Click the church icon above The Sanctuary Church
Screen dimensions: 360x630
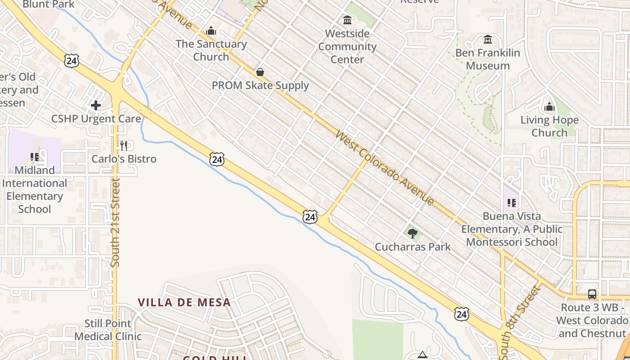pyautogui.click(x=211, y=31)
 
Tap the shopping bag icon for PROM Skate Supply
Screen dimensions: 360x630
pyautogui.click(x=260, y=72)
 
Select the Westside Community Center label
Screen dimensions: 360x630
pyautogui.click(x=347, y=46)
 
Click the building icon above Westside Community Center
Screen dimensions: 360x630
pyautogui.click(x=347, y=20)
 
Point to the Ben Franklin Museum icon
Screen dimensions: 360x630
pyautogui.click(x=488, y=40)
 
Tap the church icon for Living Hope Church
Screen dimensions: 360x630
pyautogui.click(x=549, y=107)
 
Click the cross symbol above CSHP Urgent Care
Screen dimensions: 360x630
pyautogui.click(x=96, y=105)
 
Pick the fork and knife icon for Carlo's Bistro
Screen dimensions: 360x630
pyautogui.click(x=124, y=145)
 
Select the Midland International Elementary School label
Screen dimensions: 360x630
pyautogui.click(x=34, y=189)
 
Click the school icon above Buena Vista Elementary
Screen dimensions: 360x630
pyautogui.click(x=512, y=202)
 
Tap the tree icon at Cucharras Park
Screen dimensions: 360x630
pyautogui.click(x=412, y=233)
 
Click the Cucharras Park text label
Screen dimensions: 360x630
pyautogui.click(x=413, y=247)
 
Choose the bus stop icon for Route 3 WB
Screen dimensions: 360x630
pyautogui.click(x=592, y=294)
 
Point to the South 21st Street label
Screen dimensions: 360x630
pyautogui.click(x=116, y=222)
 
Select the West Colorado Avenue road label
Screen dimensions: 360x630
pyautogui.click(x=385, y=168)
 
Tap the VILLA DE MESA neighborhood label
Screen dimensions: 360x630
pyautogui.click(x=184, y=302)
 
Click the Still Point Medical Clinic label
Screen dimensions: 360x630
pyautogui.click(x=108, y=330)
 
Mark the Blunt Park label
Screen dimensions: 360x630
pyautogui.click(x=49, y=4)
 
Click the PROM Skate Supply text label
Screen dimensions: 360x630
pyautogui.click(x=261, y=85)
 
